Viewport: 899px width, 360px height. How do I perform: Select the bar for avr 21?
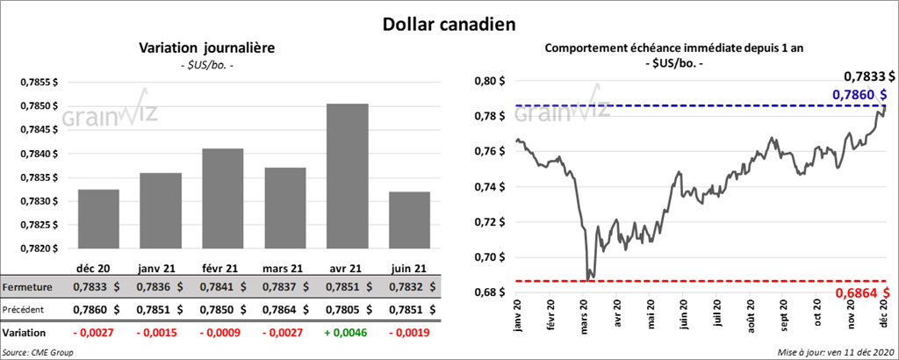pos(348,176)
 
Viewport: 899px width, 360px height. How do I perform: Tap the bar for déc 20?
pos(98,219)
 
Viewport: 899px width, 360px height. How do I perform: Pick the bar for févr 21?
pos(223,198)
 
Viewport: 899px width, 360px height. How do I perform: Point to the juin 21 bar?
pos(409,220)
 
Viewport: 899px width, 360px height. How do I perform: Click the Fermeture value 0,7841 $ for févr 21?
pos(222,287)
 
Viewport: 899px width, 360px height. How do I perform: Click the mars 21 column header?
pos(284,268)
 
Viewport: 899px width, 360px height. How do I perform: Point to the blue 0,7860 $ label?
pos(858,95)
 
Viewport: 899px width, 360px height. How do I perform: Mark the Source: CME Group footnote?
pos(38,351)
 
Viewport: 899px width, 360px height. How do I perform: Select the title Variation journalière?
pos(206,49)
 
